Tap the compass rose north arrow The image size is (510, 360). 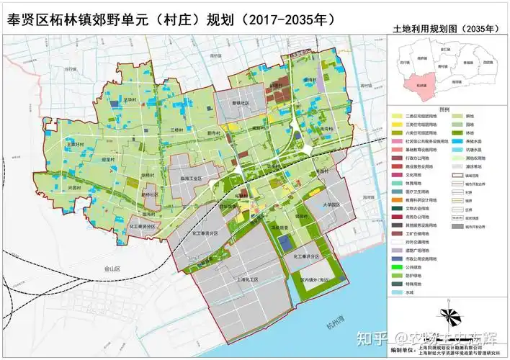point(449,315)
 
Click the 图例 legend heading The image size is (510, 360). point(444,109)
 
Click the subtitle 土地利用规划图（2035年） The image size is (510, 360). point(444,29)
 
